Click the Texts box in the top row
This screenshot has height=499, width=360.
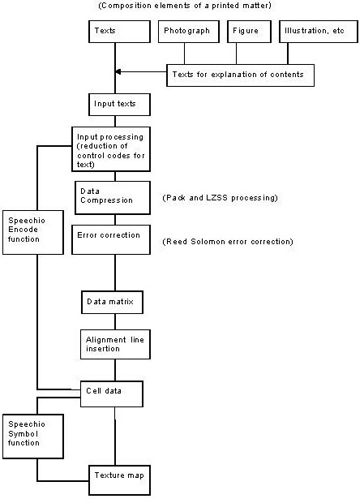click(x=119, y=32)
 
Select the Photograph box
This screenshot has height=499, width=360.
click(x=189, y=32)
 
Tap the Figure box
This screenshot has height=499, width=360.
click(x=250, y=32)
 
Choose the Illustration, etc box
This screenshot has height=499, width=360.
click(x=319, y=32)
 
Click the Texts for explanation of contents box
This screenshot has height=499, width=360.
click(x=241, y=75)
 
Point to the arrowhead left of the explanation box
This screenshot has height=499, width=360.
click(x=118, y=72)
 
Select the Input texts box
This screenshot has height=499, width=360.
click(x=119, y=105)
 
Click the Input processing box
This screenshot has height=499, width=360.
click(x=111, y=149)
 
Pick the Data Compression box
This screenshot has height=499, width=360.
click(x=113, y=198)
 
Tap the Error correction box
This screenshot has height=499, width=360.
click(x=111, y=239)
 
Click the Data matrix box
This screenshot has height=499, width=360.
click(x=112, y=302)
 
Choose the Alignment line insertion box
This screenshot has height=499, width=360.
click(x=115, y=344)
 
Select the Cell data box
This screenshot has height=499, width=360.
click(x=112, y=394)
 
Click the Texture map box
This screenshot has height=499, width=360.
click(x=119, y=480)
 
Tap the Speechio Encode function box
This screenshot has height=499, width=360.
click(x=33, y=232)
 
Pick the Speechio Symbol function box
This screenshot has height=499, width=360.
click(x=33, y=437)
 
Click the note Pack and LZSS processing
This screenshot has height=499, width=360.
click(x=220, y=198)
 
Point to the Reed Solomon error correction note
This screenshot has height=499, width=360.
click(x=228, y=242)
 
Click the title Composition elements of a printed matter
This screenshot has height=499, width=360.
click(x=185, y=6)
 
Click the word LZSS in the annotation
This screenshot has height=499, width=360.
click(x=216, y=198)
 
